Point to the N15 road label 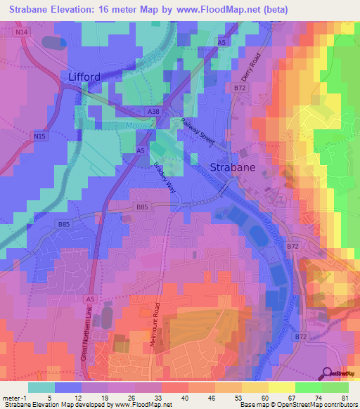41,138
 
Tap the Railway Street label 200,131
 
